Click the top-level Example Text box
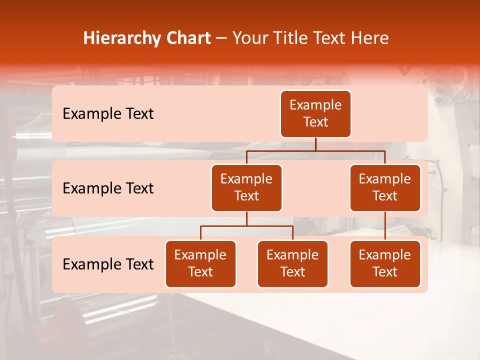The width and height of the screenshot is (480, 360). [315, 114]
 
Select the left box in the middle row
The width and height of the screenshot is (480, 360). [246, 188]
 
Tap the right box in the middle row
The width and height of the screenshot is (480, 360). [385, 188]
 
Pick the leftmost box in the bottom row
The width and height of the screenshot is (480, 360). [200, 264]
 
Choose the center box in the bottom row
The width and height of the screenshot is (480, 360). [292, 264]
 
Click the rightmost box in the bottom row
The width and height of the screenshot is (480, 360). [385, 264]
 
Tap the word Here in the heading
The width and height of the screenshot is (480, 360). [370, 38]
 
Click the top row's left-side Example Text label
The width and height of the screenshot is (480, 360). [108, 114]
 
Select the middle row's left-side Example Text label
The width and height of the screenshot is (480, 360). [108, 188]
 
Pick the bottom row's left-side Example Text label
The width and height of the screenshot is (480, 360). [108, 264]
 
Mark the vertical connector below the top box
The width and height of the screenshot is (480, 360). [315, 144]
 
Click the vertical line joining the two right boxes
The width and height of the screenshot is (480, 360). [385, 226]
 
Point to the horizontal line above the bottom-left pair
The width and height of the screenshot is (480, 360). [246, 226]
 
